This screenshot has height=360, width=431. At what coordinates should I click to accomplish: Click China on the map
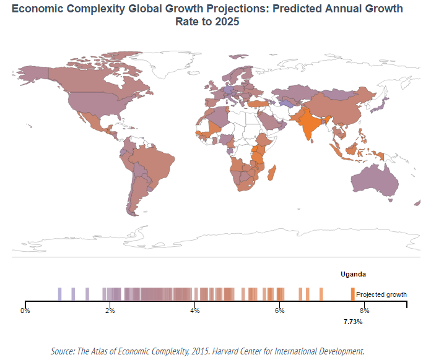click(337, 105)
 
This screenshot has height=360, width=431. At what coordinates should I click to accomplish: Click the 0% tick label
click(25, 311)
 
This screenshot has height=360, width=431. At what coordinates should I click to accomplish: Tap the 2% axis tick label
click(110, 311)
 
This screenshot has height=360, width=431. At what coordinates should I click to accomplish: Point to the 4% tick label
click(194, 311)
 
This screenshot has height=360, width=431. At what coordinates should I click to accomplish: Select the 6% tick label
click(279, 311)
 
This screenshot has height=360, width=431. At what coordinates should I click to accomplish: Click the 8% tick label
click(364, 311)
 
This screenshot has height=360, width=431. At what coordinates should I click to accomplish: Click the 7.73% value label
click(352, 322)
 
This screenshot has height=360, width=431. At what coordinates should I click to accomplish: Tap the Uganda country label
click(353, 273)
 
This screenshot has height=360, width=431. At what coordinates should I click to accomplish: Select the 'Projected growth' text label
click(381, 294)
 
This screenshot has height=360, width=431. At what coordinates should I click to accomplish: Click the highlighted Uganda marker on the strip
click(352, 294)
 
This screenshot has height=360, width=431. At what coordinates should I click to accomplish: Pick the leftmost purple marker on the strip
click(59, 294)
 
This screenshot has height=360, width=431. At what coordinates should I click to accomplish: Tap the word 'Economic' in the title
click(35, 9)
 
